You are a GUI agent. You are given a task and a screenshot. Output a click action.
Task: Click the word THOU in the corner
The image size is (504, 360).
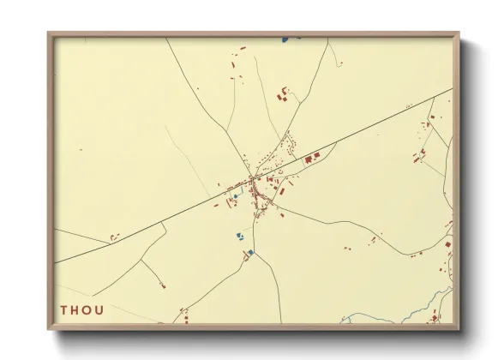pyautogui.click(x=81, y=309)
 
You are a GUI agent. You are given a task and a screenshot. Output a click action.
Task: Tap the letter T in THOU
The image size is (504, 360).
pyautogui.click(x=64, y=309)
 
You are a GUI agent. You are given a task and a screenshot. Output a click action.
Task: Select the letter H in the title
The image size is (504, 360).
pyautogui.click(x=75, y=309)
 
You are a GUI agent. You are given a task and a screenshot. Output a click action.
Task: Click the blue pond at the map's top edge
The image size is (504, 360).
pyautogui.click(x=285, y=39)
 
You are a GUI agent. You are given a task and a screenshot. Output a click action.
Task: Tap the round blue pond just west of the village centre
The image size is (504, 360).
pyautogui.click(x=235, y=195)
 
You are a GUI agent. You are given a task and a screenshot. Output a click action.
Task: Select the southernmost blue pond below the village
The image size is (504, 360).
pyautogui.click(x=250, y=253)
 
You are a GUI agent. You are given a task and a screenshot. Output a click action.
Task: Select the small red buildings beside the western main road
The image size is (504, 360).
pyautogui.click(x=113, y=237)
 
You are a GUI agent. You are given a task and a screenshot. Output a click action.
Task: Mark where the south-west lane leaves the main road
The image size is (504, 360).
pyautogui.click(x=165, y=225)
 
